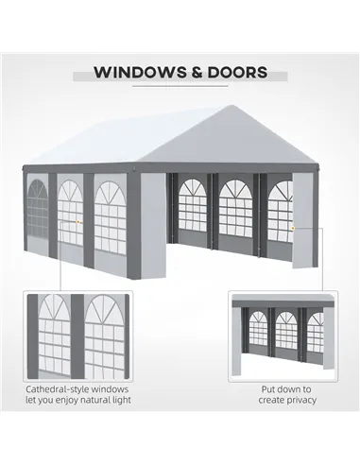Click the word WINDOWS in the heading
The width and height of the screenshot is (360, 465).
140,73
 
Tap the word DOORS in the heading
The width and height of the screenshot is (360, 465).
237,73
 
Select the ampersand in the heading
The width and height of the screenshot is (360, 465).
197,73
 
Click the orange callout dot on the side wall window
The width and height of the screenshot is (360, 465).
77,222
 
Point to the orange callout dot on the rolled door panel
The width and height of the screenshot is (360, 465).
293,228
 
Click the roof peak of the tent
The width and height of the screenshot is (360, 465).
232,106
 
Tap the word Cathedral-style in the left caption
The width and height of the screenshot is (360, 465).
54,389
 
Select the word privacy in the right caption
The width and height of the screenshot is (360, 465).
300,400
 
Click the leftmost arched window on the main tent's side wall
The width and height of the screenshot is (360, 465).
38,210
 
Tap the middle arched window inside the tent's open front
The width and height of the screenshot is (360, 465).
235,209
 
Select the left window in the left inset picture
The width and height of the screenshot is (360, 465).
54,336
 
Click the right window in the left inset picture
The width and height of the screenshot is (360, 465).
105,336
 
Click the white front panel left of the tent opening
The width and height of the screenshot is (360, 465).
153,225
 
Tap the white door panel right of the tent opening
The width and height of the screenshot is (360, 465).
302,220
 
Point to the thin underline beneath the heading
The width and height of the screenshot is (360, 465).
180,86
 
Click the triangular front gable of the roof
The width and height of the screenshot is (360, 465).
231,139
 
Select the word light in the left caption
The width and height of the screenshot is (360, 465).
122,400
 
